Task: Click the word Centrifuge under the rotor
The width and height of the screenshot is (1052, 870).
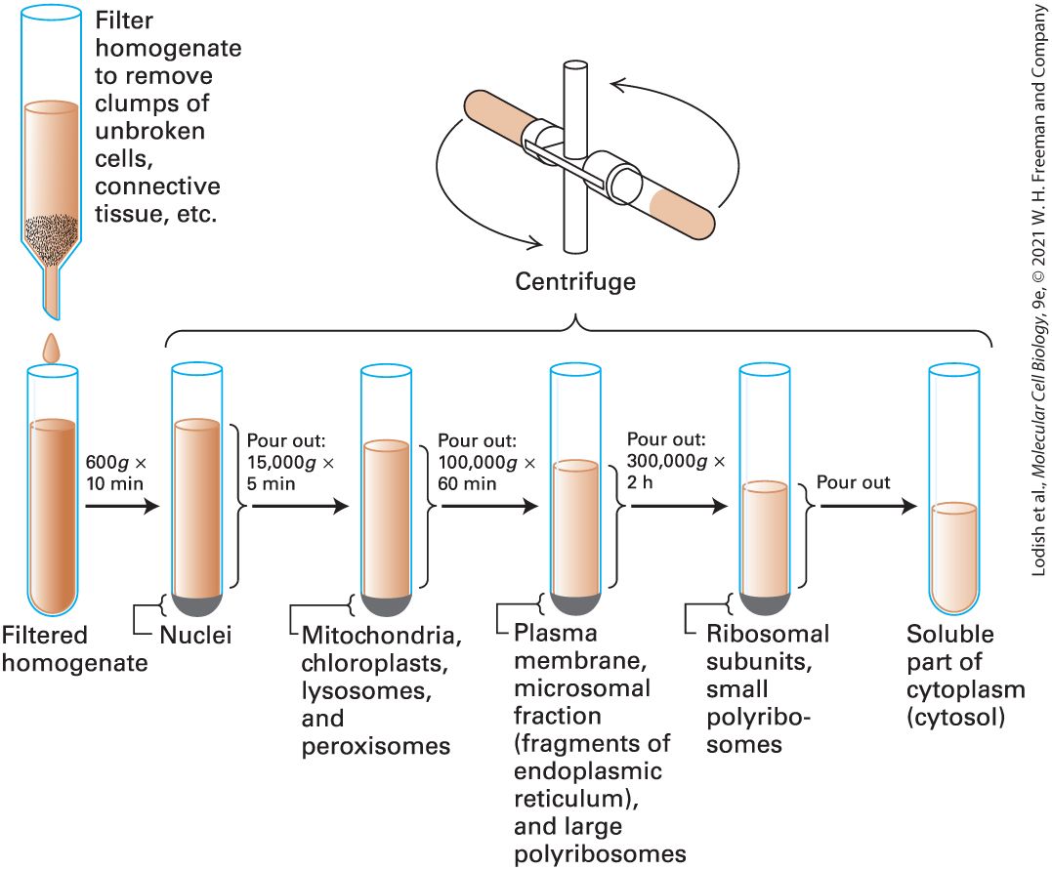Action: [575, 281]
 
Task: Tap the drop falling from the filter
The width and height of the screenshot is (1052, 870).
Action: [52, 349]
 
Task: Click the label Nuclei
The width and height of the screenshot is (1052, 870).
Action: [195, 635]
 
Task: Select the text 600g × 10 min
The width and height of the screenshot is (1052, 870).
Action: [115, 473]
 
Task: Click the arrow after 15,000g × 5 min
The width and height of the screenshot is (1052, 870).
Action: [301, 506]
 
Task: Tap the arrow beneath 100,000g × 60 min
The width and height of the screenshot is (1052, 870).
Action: [489, 506]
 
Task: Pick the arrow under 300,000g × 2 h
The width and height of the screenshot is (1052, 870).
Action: [679, 506]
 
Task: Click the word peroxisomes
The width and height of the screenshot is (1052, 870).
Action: [376, 747]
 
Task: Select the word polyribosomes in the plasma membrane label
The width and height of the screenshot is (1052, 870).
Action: [600, 854]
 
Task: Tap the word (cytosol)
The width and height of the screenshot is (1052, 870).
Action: [955, 718]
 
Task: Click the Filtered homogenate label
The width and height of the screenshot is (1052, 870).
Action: [74, 648]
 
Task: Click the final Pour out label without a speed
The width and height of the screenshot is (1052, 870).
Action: [853, 482]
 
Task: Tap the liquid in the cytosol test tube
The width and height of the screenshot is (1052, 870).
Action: [954, 559]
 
